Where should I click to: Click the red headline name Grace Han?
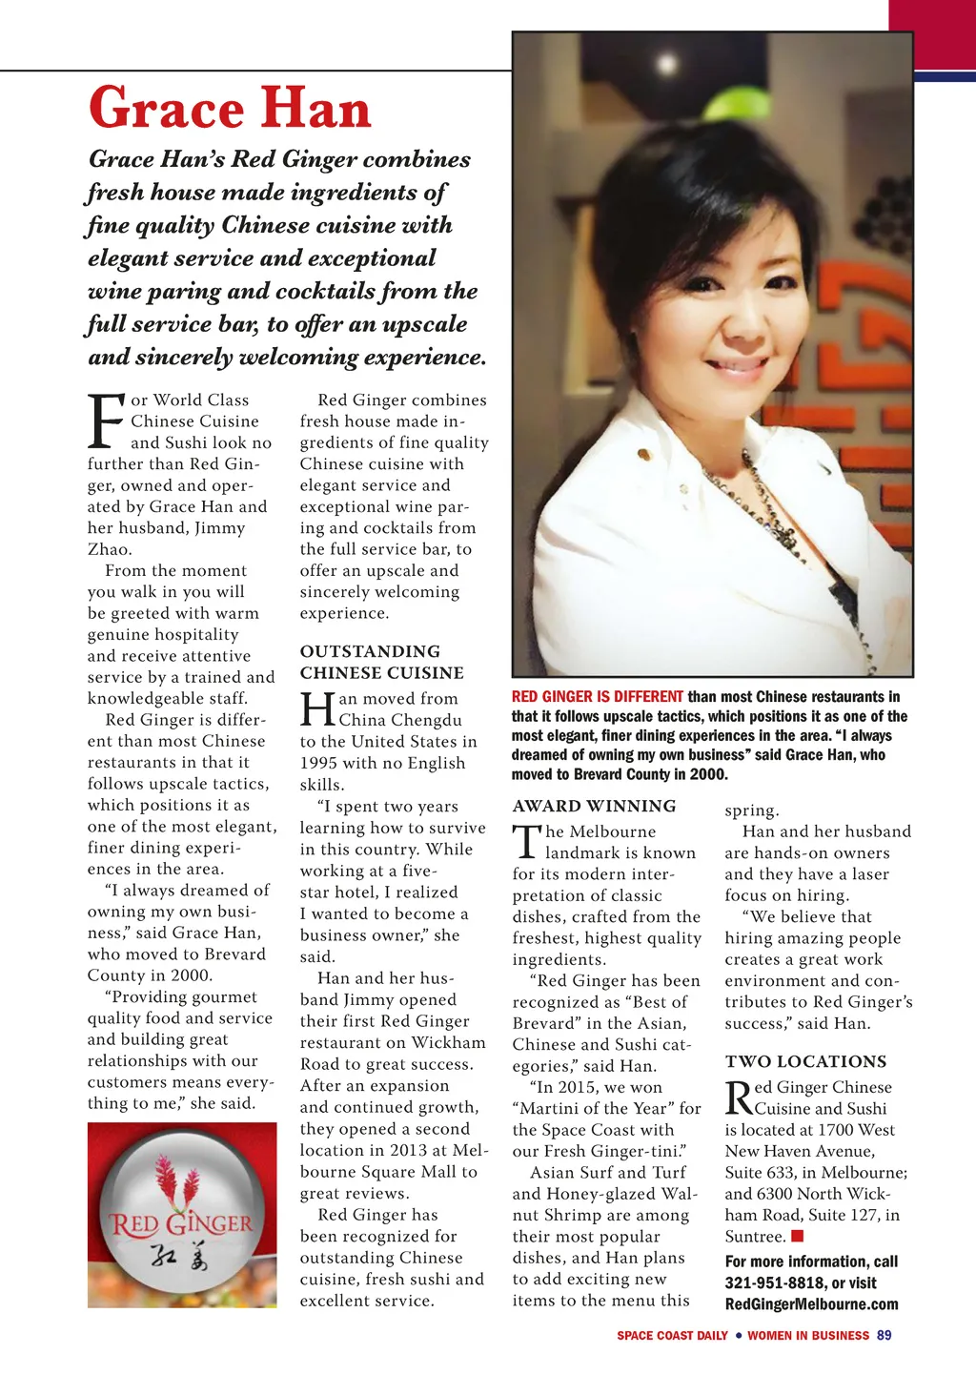pos(230,108)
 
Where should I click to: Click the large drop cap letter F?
pos(106,421)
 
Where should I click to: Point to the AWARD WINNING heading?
pos(594,806)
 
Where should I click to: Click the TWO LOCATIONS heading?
pos(805,1061)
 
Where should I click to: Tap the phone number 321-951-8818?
pos(775,1282)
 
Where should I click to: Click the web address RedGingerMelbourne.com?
pos(811,1303)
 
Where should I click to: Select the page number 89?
pos(884,1335)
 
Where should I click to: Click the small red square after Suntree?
pos(798,1236)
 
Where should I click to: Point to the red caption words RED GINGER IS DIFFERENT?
pos(597,697)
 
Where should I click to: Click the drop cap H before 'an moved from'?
pos(317,710)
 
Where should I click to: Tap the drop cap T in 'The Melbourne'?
pos(526,841)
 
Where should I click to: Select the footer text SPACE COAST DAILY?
pos(672,1335)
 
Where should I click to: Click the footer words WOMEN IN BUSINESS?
pos(808,1335)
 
